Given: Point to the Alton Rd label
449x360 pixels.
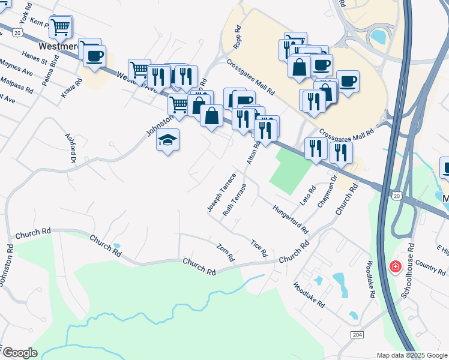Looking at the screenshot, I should click(253, 153).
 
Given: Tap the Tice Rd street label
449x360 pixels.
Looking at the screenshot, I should click(259, 248).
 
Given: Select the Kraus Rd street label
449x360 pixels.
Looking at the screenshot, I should click(71, 88).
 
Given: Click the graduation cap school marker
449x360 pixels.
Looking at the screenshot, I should click(168, 140).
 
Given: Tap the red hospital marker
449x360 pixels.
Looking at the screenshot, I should click(395, 266).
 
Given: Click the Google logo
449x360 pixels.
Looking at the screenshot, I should click(19, 353).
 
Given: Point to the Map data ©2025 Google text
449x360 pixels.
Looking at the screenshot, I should click(411, 355).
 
